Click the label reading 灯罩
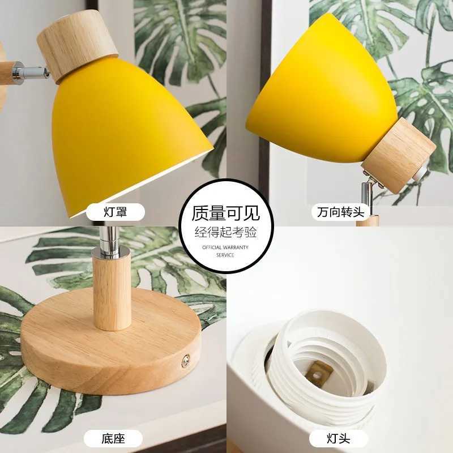click(114, 213)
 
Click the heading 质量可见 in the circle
click(226, 213)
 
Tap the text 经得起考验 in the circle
click(226, 232)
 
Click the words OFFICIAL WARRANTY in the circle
click(226, 248)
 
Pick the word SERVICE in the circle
click(226, 255)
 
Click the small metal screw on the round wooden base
click(185, 358)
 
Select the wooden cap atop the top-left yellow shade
click(76, 45)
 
